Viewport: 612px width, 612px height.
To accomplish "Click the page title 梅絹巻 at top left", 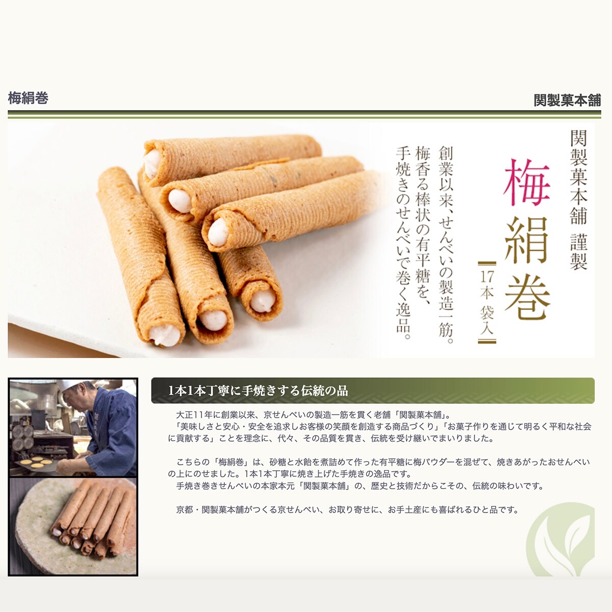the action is point(28,98).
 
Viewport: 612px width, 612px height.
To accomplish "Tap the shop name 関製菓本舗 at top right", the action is point(567,100).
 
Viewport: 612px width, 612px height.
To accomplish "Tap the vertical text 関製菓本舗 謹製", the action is point(578,200).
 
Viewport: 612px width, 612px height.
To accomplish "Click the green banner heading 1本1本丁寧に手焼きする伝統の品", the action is point(258,390).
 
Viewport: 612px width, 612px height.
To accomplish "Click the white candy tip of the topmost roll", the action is point(152,165).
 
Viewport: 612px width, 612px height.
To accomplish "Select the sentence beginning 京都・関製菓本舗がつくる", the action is point(347,510).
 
